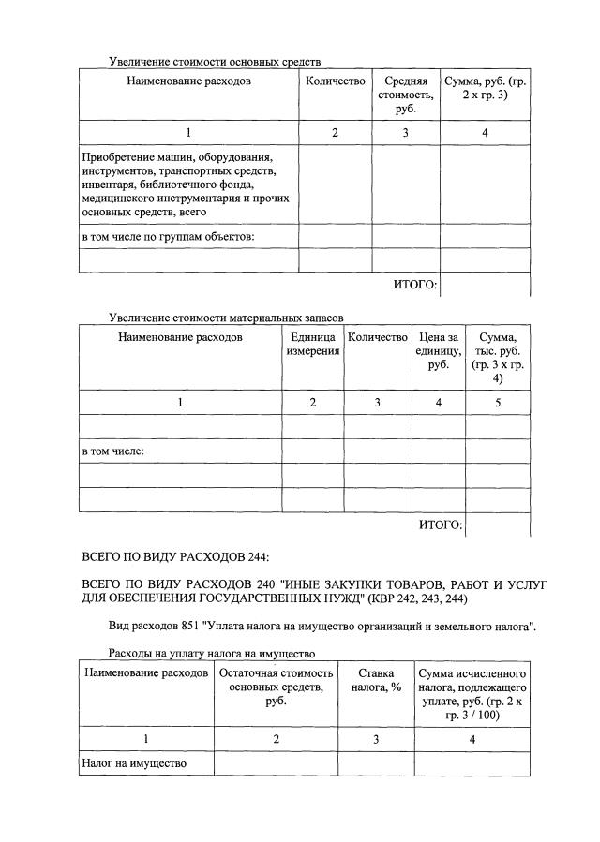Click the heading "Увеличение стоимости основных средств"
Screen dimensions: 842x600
click(x=215, y=62)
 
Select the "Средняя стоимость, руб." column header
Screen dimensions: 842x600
click(x=405, y=96)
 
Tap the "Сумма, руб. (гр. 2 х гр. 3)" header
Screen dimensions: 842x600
click(x=485, y=89)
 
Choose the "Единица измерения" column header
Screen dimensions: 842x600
click(x=312, y=344)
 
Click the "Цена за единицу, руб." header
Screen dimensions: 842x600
click(x=438, y=351)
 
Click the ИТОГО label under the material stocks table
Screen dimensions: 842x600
click(x=440, y=524)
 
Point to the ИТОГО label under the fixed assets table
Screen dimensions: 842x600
click(x=414, y=285)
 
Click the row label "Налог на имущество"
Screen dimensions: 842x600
click(x=133, y=763)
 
